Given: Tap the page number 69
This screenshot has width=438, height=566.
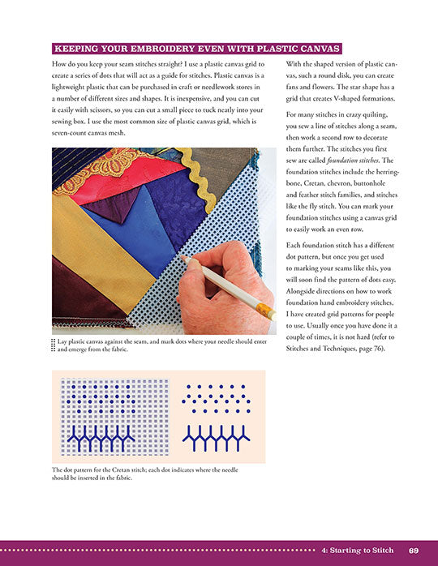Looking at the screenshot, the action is click(414, 551).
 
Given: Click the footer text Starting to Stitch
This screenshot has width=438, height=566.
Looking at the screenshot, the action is click(362, 551).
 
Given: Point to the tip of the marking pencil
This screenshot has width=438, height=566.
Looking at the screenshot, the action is click(181, 257).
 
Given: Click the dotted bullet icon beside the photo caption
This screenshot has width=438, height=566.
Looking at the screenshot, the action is click(54, 345).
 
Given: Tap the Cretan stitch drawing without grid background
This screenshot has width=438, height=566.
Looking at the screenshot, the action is click(217, 438).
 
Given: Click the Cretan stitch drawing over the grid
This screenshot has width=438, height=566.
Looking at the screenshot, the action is click(101, 438).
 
